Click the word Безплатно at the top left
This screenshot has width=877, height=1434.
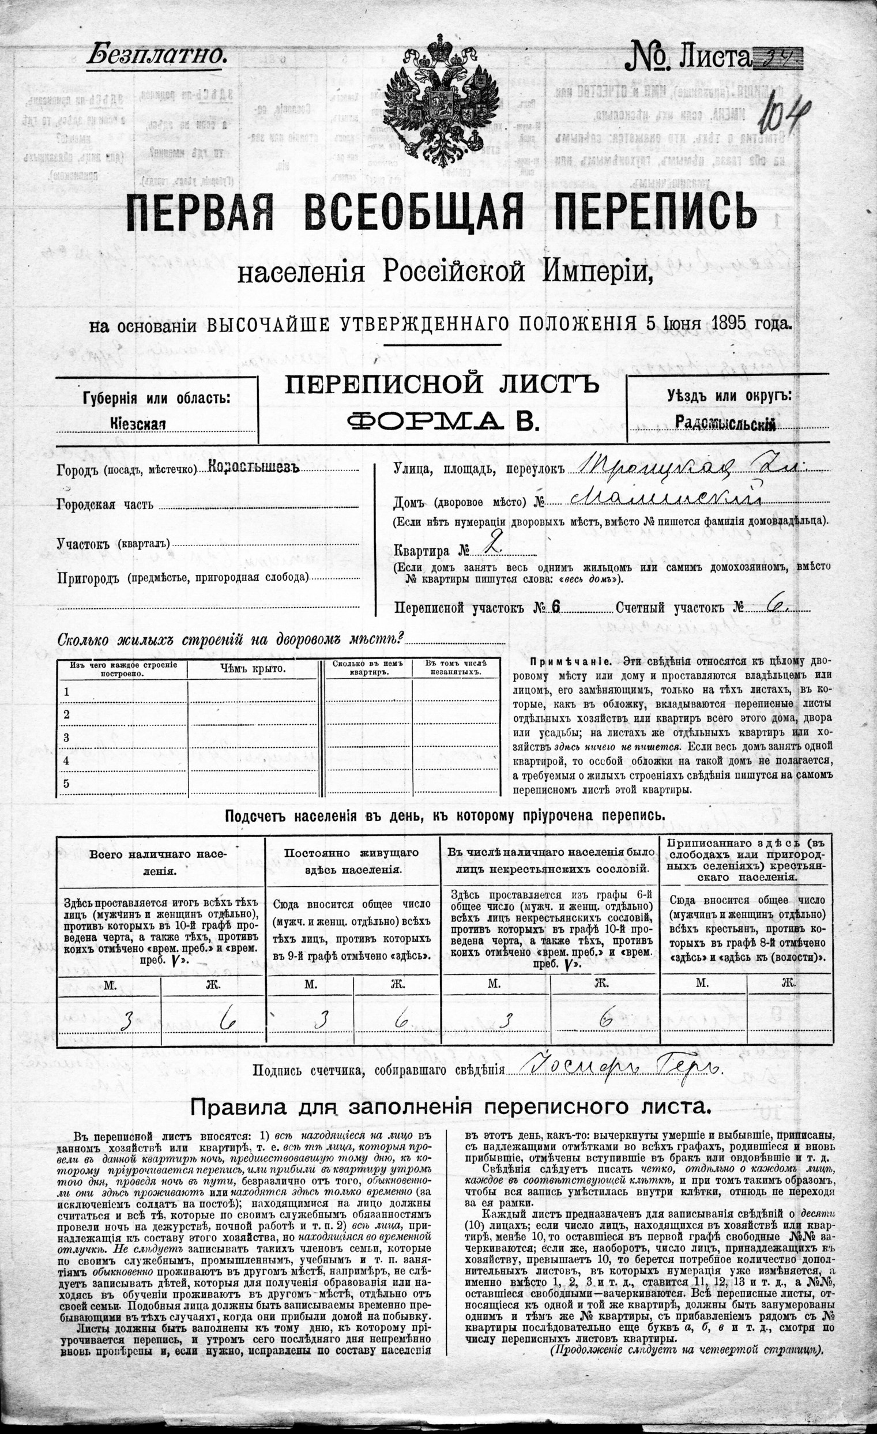click(156, 56)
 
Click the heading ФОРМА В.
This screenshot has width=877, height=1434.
click(442, 420)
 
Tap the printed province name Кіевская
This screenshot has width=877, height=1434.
click(138, 424)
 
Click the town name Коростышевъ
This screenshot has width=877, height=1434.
click(253, 469)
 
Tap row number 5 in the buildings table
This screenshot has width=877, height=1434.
click(67, 784)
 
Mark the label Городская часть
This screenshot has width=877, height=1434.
click(106, 504)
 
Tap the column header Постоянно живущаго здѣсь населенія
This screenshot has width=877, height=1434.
click(351, 861)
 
